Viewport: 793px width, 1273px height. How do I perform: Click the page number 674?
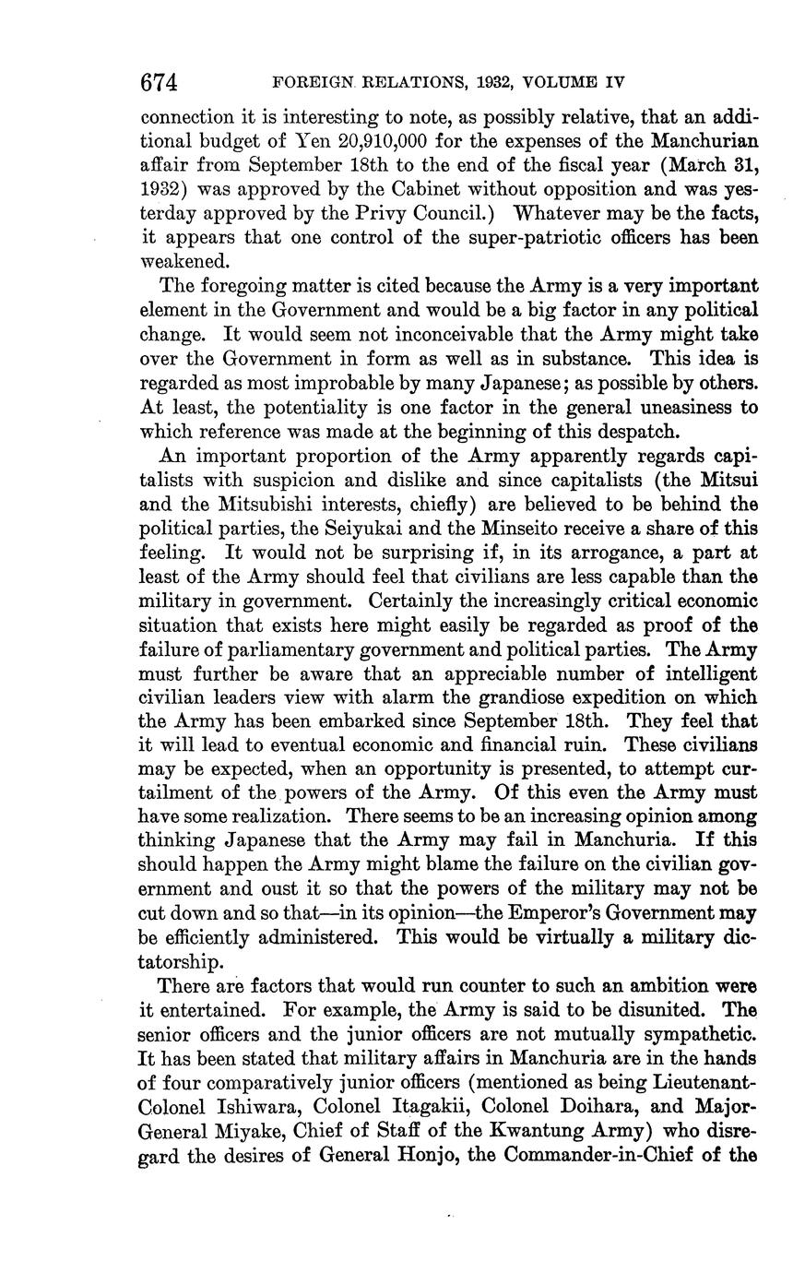[x=158, y=83]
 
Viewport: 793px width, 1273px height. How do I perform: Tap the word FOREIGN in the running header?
[x=314, y=83]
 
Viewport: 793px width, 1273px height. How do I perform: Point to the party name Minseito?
[x=523, y=528]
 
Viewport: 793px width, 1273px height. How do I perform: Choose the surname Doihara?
[x=532, y=1107]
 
